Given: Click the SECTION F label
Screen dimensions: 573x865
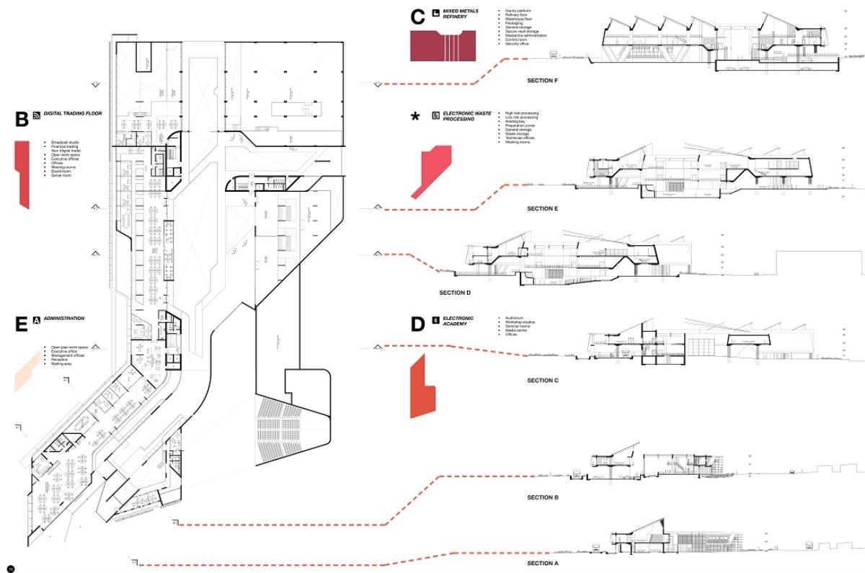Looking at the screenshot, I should [543, 81].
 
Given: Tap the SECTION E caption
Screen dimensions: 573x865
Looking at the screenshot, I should [543, 209].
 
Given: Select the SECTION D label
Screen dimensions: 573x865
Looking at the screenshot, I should [455, 293].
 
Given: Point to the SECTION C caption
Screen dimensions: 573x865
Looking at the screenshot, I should [543, 381].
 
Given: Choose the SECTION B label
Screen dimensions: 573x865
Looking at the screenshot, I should [543, 498].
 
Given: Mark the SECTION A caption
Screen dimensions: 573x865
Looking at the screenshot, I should [543, 563].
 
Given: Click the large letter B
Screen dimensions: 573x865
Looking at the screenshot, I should [21, 119].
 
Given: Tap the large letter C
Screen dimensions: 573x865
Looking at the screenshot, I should [417, 17].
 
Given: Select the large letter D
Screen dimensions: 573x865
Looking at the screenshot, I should [417, 324].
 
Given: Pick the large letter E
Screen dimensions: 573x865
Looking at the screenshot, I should [21, 324].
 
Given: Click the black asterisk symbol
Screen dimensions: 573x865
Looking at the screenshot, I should [414, 117].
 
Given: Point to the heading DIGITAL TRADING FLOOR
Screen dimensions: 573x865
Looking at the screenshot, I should [73, 114].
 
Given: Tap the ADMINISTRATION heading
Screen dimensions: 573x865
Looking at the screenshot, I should [64, 318].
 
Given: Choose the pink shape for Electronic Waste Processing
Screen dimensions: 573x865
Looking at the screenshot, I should [435, 166].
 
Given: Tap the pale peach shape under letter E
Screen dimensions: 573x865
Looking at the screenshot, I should [29, 370].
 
